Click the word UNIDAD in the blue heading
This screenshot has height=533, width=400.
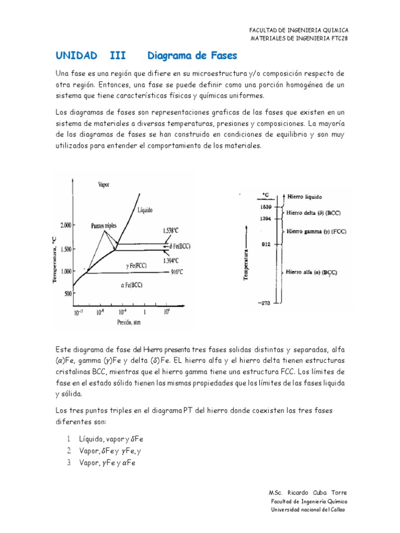76,55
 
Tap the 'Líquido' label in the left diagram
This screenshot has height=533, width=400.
145,210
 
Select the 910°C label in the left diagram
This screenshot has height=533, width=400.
178,272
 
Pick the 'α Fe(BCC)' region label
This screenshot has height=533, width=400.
129,285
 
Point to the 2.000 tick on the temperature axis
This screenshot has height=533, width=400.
66,225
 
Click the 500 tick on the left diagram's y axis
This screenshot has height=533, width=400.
67,294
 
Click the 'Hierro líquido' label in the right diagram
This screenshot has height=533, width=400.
304,197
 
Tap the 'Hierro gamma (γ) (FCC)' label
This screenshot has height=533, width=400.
314,231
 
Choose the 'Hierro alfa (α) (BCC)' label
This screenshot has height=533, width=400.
311,272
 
